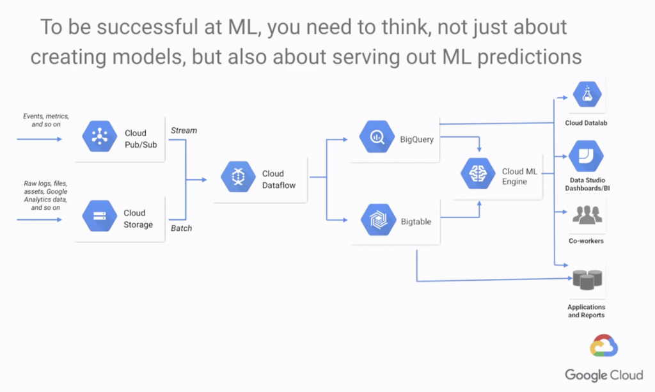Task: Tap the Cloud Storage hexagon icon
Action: pos(99,217)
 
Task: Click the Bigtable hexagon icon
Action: pos(377,220)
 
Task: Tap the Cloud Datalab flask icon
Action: pos(586,95)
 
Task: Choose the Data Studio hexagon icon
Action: pos(586,157)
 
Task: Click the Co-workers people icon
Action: pos(587,216)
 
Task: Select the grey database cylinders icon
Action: pos(587,279)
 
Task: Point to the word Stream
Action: pos(184,130)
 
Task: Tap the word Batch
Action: pos(182,228)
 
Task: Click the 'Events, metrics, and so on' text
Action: pos(46,120)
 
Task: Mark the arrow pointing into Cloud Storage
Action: pos(40,219)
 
